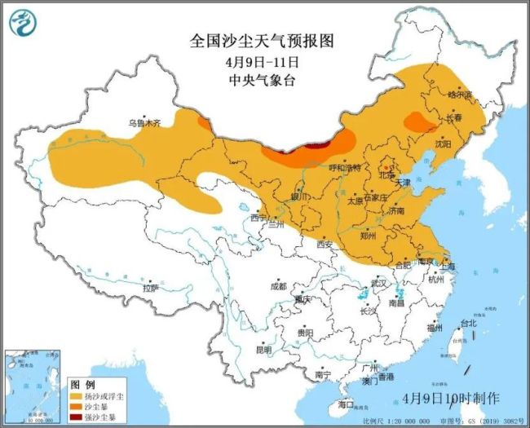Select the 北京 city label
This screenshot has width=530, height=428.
[386, 174]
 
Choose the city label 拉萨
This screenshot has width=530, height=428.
[149, 288]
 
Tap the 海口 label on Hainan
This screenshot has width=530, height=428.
[347, 404]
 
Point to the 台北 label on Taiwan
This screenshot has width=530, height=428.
[468, 323]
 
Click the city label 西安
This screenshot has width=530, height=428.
[326, 244]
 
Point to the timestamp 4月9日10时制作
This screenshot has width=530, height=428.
[451, 398]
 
